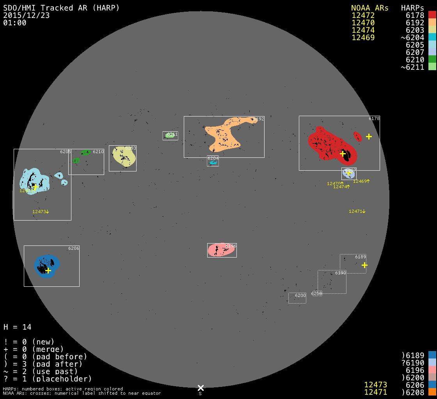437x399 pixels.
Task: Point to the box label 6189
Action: (x=361, y=257)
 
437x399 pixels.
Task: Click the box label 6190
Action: (x=341, y=273)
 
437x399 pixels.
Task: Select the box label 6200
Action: (x=300, y=295)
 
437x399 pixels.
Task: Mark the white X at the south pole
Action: (x=201, y=388)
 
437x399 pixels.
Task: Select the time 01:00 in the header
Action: (x=14, y=23)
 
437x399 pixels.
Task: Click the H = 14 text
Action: (x=18, y=327)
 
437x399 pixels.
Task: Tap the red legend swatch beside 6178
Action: (x=432, y=15)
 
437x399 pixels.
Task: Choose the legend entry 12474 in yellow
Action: (x=363, y=30)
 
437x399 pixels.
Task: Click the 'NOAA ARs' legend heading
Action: (x=369, y=8)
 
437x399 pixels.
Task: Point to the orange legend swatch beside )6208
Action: (x=432, y=391)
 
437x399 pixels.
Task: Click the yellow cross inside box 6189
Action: (x=364, y=265)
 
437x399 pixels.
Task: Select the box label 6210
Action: (x=98, y=152)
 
